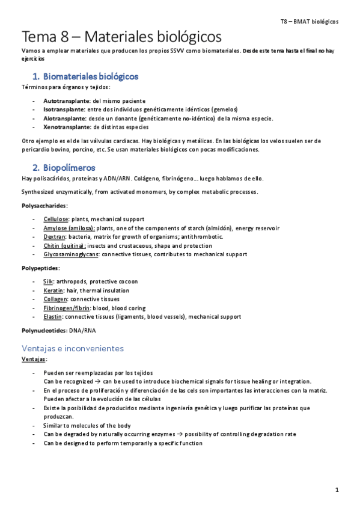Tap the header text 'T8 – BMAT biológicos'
pos(309,21)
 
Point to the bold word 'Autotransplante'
pos(67,100)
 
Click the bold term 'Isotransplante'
pos(65,109)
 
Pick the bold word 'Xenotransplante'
pos(67,127)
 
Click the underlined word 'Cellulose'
pos(55,219)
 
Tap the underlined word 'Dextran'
pos(53,237)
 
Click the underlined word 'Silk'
pos(48,281)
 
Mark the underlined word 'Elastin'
pos(53,316)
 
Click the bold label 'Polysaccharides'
pos(44,206)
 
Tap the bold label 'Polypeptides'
pos(40,268)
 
